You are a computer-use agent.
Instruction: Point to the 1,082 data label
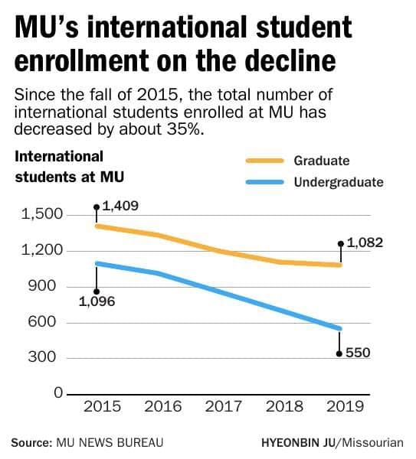pyautogui.click(x=365, y=243)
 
